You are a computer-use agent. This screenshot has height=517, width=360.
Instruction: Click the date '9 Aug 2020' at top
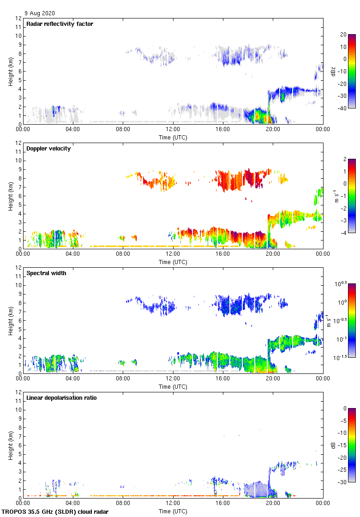point(40,13)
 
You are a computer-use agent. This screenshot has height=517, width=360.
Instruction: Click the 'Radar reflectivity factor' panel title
point(60,24)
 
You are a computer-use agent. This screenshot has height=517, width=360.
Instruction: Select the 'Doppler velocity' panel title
point(48,149)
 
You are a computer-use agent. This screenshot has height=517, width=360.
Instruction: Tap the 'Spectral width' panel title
point(46,273)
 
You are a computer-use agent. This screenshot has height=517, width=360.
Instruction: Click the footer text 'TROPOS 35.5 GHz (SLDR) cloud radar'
point(55,512)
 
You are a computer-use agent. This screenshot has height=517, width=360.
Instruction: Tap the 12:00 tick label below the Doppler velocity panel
point(173,253)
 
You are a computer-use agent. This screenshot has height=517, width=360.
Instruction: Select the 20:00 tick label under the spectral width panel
point(272,378)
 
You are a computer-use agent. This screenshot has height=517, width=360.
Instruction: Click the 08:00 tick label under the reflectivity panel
point(123,129)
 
